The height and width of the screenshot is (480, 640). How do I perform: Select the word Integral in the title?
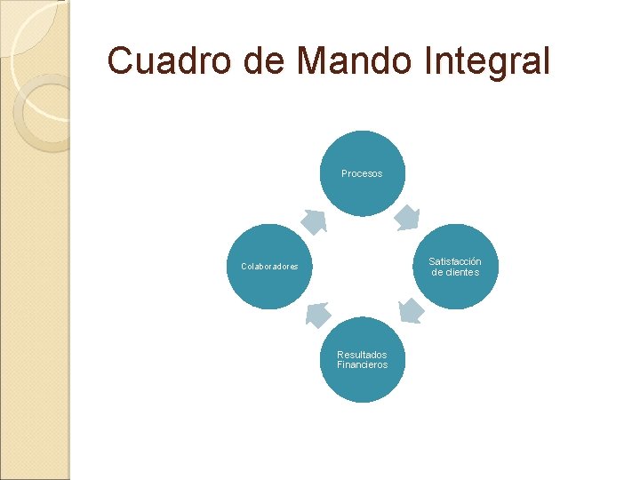(494, 62)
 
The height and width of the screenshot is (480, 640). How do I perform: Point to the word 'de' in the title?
(260, 61)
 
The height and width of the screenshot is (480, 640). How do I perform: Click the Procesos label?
(362, 173)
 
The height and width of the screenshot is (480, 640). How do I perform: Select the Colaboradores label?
(269, 267)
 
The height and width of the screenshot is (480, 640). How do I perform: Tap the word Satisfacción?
(455, 261)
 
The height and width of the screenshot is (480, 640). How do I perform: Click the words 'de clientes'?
(455, 272)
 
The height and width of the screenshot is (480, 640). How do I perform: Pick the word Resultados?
(362, 355)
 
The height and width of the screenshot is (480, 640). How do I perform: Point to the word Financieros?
(362, 364)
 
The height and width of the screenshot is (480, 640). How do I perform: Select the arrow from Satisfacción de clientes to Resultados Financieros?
(410, 310)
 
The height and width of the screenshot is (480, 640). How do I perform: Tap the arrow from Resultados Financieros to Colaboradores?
(316, 313)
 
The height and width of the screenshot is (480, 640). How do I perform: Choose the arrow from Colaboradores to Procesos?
(312, 220)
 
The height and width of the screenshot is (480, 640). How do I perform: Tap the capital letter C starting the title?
(118, 61)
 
